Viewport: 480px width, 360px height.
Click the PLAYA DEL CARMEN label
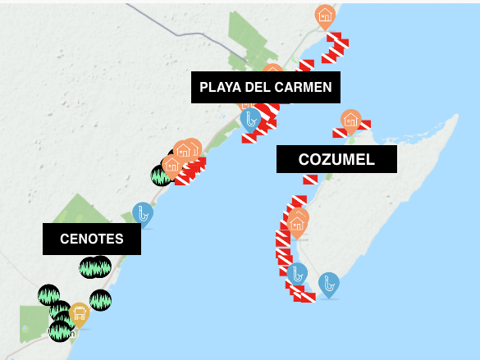coord(265,87)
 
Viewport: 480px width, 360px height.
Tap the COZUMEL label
coord(336,159)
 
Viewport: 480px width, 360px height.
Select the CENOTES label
coord(92,239)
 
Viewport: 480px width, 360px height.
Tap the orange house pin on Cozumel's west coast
coord(297,221)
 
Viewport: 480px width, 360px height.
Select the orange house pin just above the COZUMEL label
coord(351,120)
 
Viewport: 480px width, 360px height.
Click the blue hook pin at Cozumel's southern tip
coord(329,284)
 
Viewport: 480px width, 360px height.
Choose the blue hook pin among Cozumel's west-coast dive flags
coord(297,274)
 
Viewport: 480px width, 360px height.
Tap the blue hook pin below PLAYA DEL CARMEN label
coord(250,120)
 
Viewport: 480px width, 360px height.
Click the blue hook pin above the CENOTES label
coord(143,213)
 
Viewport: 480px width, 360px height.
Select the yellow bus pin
coord(79,312)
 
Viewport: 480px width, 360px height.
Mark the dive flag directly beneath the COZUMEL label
coord(310,180)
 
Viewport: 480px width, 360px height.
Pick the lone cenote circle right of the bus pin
coord(100,300)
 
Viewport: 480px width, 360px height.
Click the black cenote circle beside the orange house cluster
coord(162,175)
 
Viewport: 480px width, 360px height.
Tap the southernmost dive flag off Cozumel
coord(306,297)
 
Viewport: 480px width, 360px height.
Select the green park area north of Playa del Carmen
coord(250,37)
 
